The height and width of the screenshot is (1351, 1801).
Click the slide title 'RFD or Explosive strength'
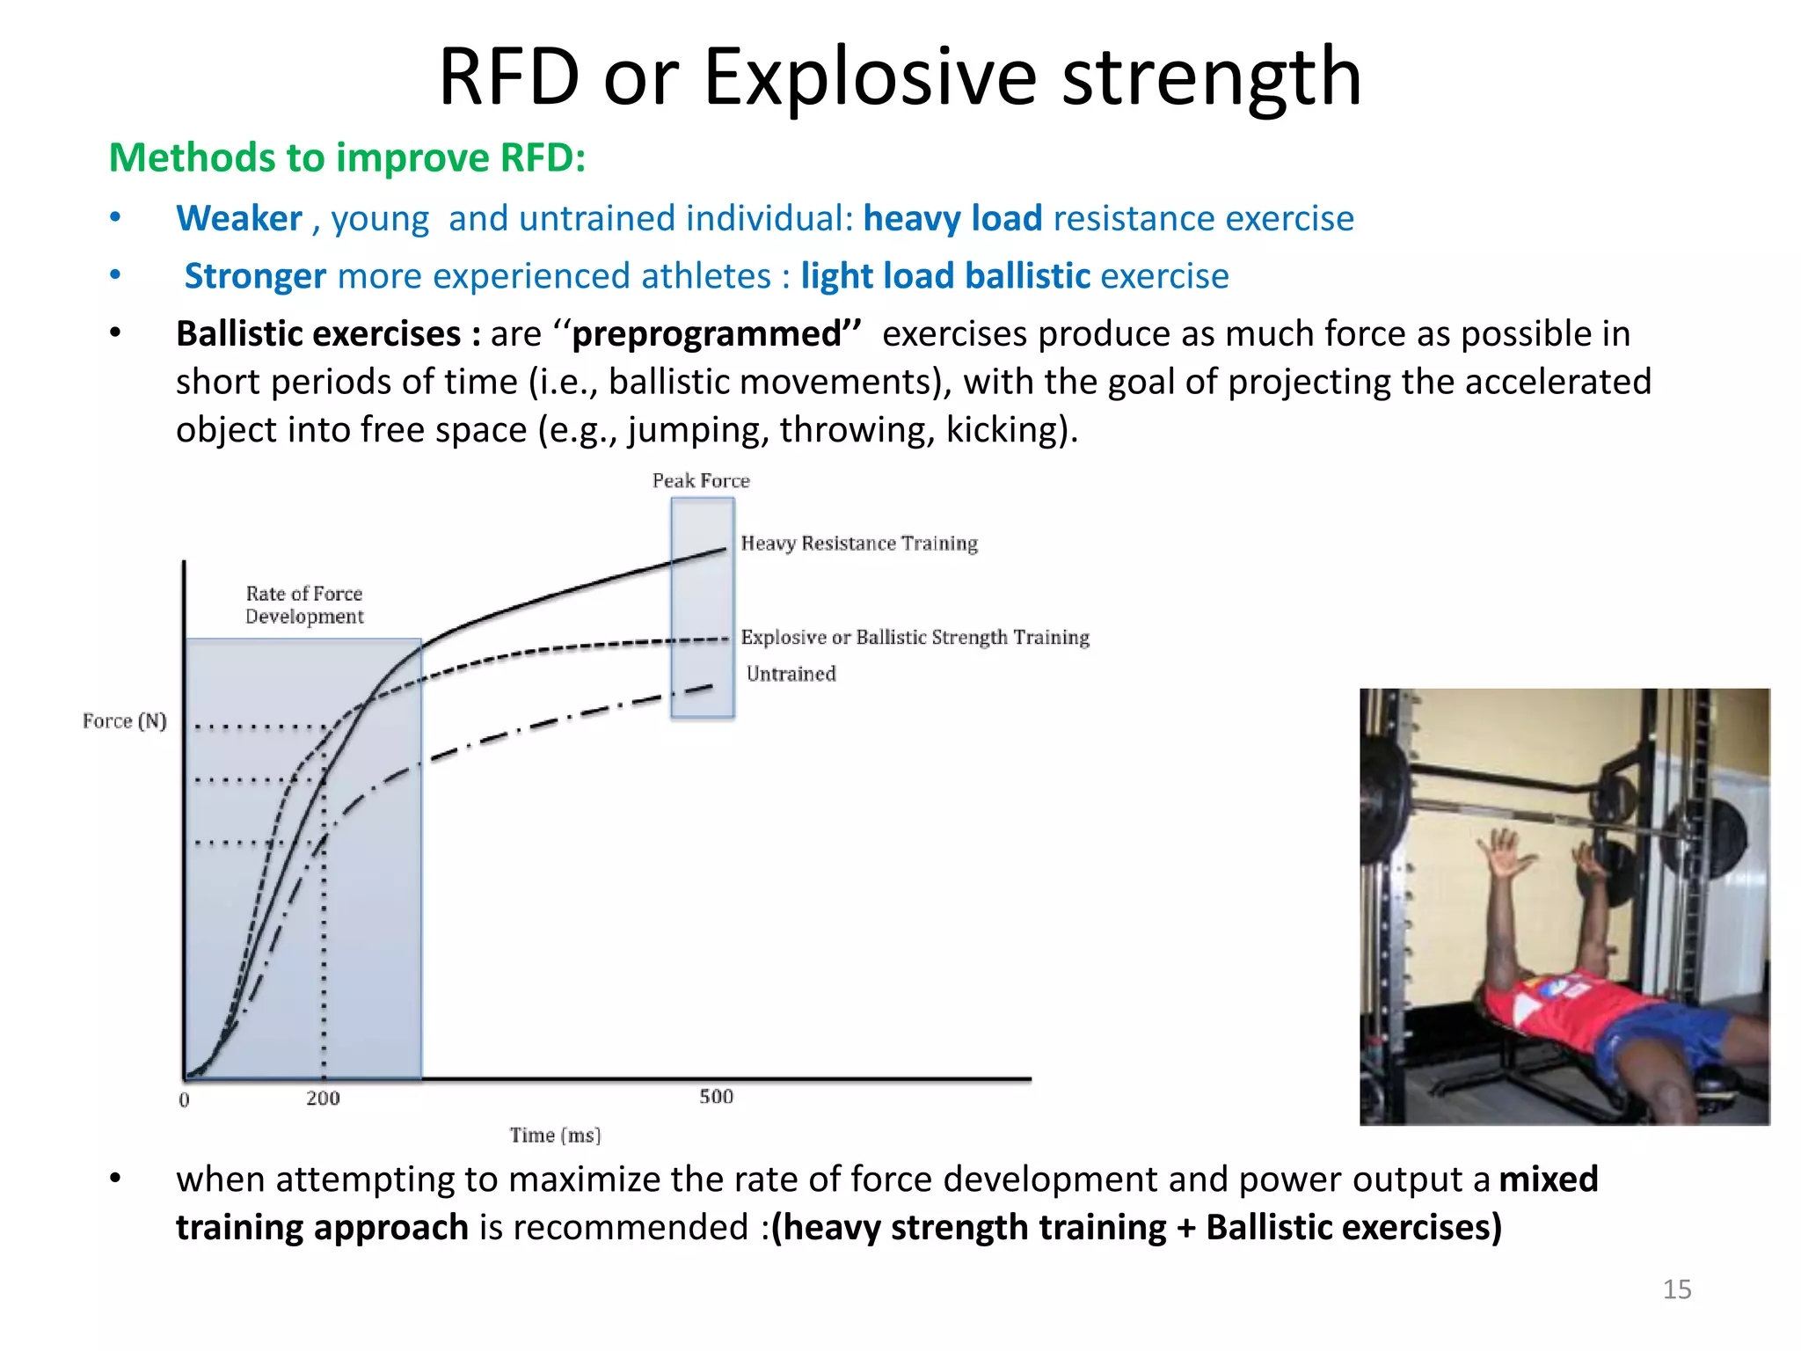(x=900, y=77)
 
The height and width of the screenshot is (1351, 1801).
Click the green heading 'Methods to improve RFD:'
(x=347, y=158)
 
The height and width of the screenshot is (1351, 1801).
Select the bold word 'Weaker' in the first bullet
(x=239, y=218)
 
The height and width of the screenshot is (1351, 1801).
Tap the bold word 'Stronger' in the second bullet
(x=255, y=276)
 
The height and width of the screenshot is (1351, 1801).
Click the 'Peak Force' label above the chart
(x=701, y=480)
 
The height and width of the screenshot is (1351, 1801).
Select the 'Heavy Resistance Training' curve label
(x=859, y=544)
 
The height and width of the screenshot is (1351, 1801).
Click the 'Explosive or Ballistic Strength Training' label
(x=915, y=637)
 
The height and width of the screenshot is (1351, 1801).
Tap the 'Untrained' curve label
(x=791, y=674)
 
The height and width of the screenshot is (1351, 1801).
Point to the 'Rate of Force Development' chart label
(x=304, y=605)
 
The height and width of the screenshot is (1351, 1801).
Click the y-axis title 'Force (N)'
(x=124, y=721)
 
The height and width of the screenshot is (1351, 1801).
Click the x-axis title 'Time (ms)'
(x=555, y=1136)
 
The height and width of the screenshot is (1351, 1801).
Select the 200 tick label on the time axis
(x=323, y=1099)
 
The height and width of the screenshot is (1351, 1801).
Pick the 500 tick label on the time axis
(x=716, y=1097)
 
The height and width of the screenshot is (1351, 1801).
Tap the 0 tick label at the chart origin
(x=184, y=1100)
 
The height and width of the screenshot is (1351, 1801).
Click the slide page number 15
(x=1676, y=1289)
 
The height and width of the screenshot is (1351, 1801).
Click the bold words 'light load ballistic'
(x=945, y=276)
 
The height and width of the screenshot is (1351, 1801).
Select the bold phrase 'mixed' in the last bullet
(x=1548, y=1179)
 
